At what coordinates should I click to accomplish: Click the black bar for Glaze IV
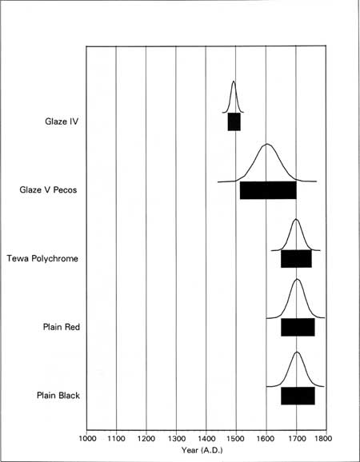coord(234,121)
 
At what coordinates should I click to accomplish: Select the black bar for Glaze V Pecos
coord(268,190)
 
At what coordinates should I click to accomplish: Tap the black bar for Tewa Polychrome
coord(296,259)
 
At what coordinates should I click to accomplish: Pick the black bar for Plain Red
coord(298,327)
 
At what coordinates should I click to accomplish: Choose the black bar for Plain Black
coord(298,396)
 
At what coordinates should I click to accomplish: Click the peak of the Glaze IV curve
coord(234,81)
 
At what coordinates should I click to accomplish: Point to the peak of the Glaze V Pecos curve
coord(267,144)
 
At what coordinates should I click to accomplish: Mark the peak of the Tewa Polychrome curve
coord(296,219)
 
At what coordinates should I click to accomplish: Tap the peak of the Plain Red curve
coord(297,279)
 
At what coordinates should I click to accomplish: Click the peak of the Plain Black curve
coord(297,352)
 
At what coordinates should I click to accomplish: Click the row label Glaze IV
coord(62,121)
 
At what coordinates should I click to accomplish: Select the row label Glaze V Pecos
coord(48,189)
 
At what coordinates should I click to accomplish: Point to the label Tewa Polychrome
coord(42,259)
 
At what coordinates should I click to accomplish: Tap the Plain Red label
coord(62,327)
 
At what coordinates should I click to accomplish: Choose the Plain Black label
coord(58,395)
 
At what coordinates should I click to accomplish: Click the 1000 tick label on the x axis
coord(87,438)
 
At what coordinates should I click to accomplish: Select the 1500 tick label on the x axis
coord(235,438)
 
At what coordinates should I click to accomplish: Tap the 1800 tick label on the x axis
coord(324,438)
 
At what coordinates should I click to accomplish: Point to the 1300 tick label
coord(176,438)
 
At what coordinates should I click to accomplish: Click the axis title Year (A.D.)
coord(202,450)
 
